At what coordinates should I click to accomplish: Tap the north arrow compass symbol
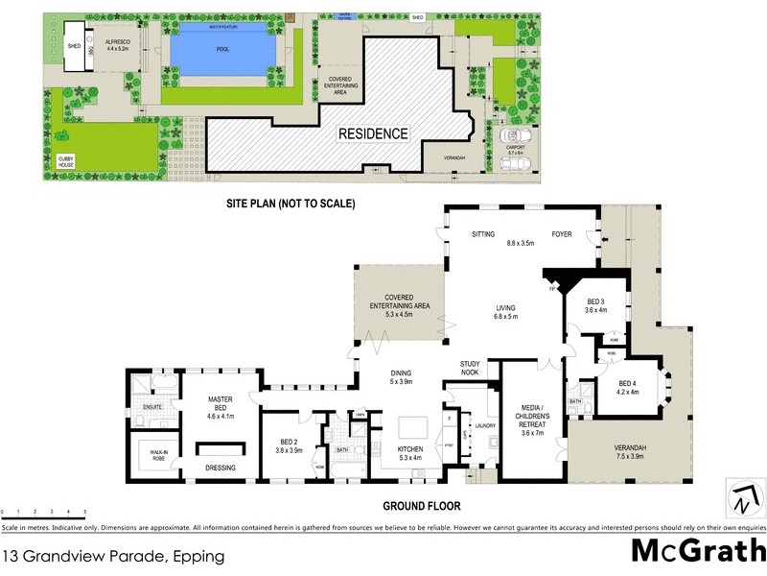click(x=746, y=497)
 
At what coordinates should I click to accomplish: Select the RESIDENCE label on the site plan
click(x=372, y=133)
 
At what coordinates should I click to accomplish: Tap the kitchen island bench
click(x=414, y=425)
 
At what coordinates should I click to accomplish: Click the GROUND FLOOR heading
click(x=422, y=506)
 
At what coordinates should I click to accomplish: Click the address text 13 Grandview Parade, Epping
click(x=113, y=556)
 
